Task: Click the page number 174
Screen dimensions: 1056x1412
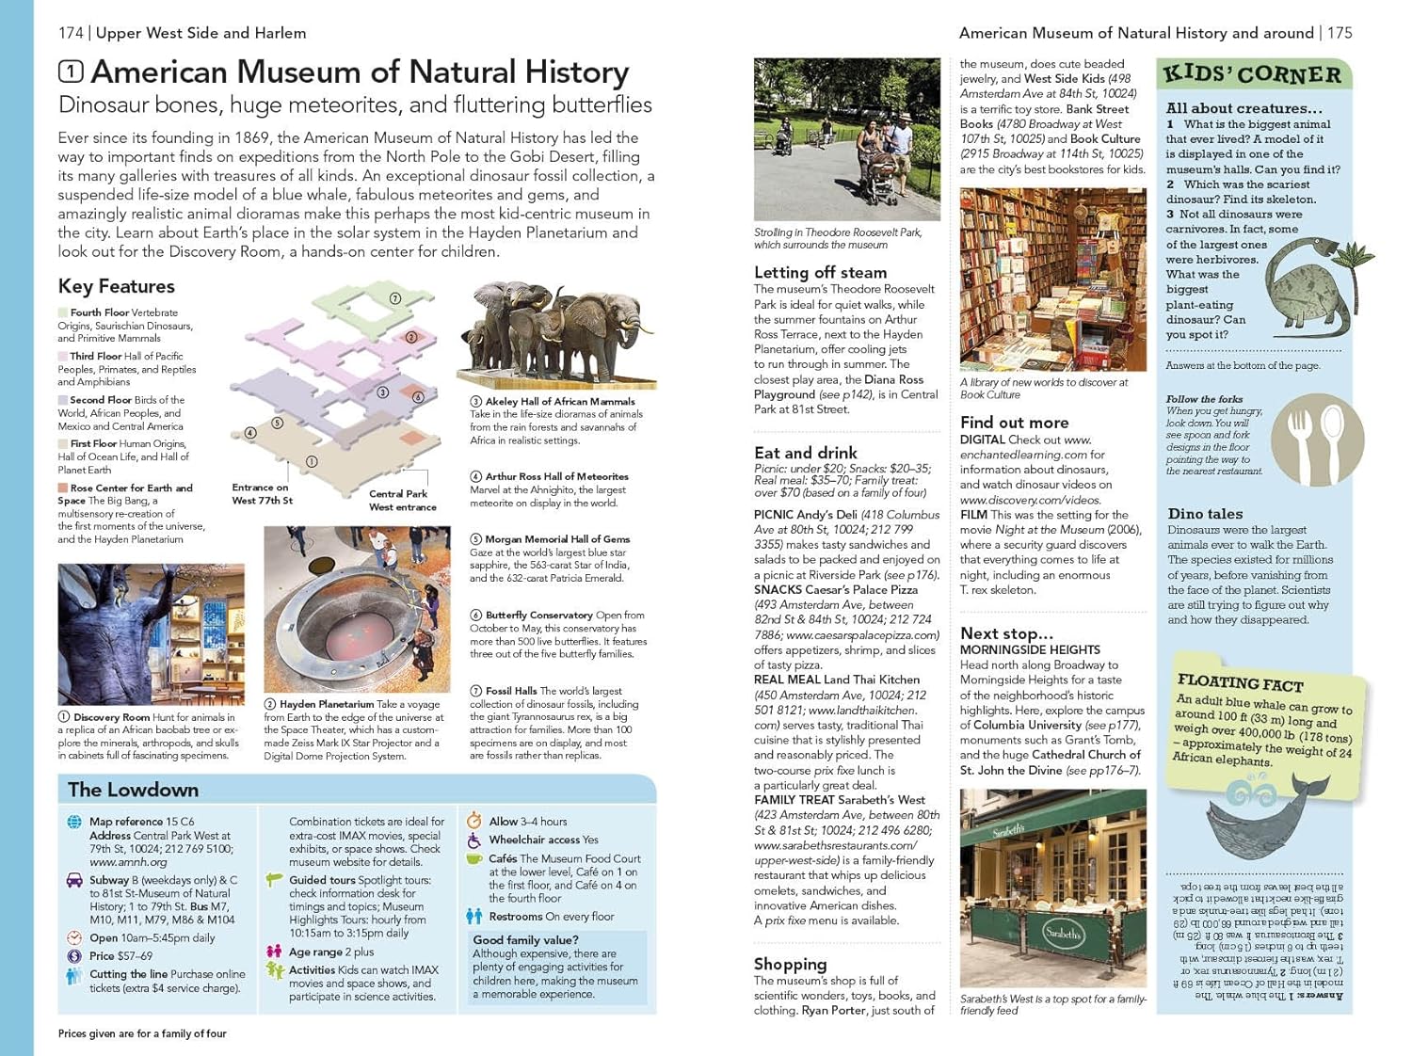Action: (71, 33)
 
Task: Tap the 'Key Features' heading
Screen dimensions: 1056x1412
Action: (116, 286)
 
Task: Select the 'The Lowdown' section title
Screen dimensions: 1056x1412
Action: (133, 790)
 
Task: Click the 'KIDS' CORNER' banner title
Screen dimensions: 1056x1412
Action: (1252, 74)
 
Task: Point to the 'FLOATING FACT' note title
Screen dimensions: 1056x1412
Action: (1240, 682)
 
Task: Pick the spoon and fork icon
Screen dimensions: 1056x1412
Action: (1317, 439)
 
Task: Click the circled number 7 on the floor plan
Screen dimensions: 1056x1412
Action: (395, 298)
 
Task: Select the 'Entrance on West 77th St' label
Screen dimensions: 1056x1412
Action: (261, 494)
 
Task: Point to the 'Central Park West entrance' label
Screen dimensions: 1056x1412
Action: (402, 500)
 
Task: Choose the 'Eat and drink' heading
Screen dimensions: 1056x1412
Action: (805, 453)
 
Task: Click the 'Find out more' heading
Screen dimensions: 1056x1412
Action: (1014, 423)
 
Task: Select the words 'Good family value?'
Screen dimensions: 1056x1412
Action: (525, 940)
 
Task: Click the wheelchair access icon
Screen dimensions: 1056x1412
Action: (474, 840)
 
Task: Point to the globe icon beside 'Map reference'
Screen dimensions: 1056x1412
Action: (74, 822)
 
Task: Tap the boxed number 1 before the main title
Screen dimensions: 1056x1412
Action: (71, 72)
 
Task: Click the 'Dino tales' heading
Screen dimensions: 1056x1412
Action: (1205, 514)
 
